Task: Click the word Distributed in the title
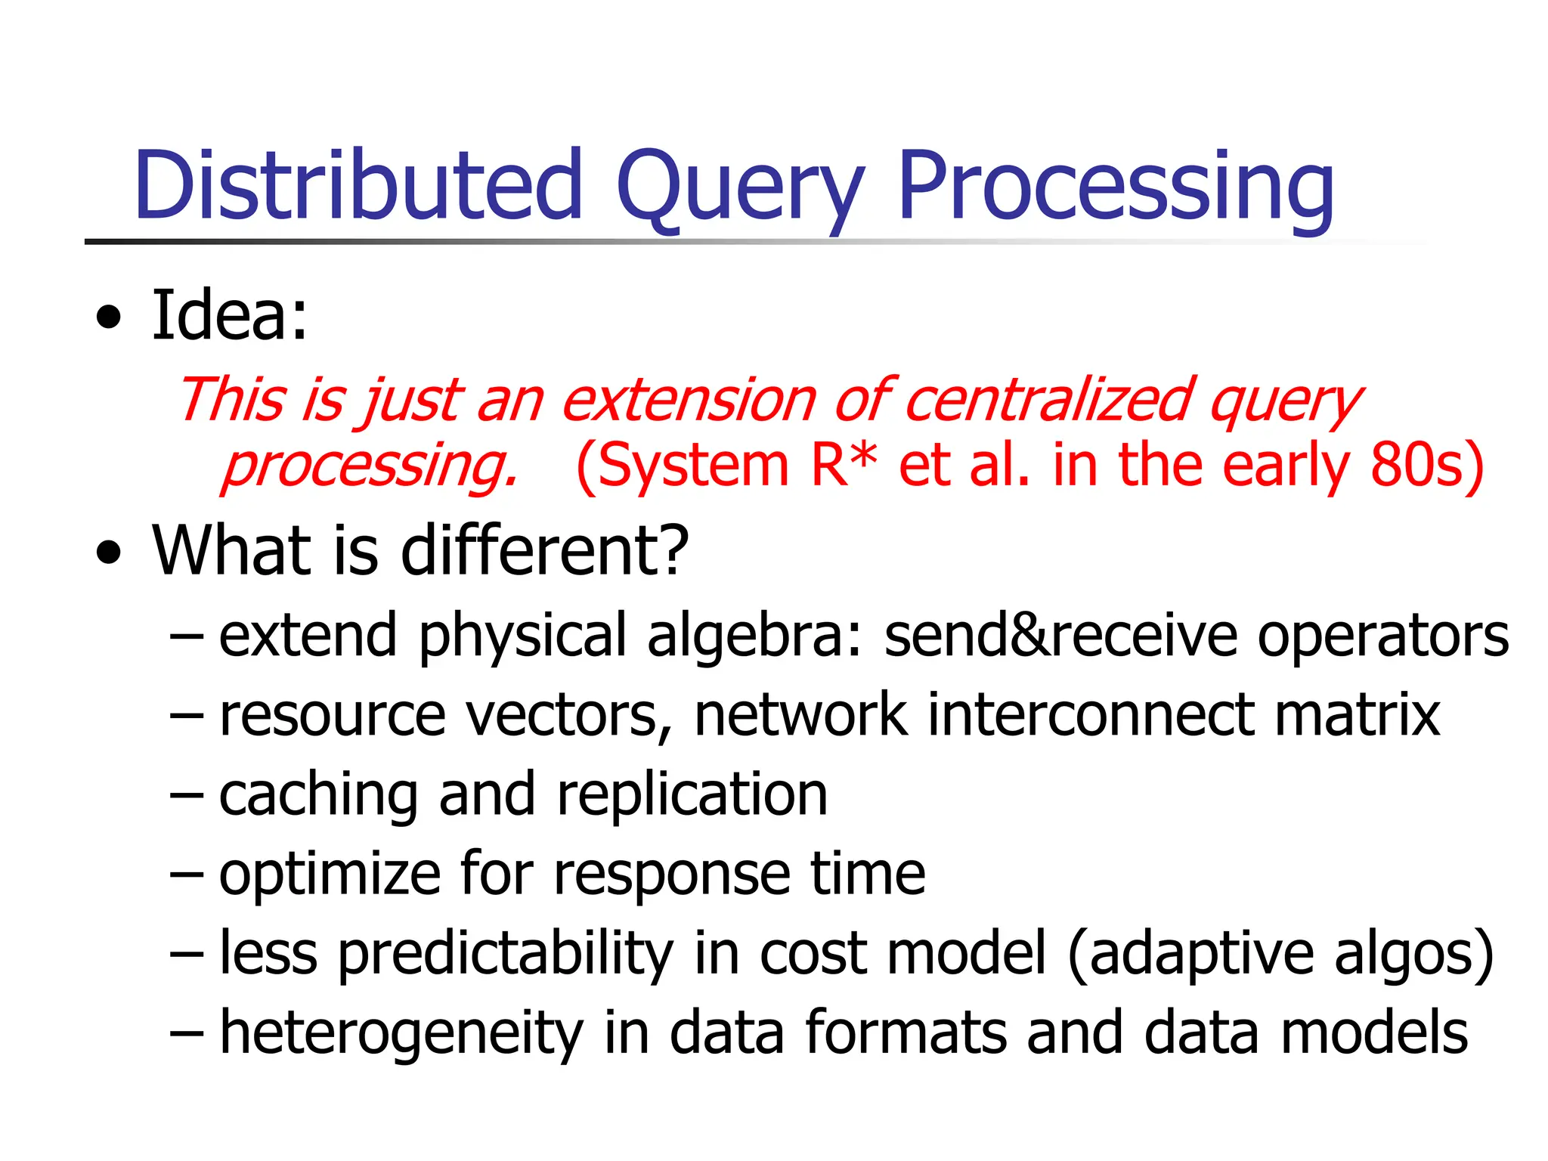coord(358,186)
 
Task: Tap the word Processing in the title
coord(1116,189)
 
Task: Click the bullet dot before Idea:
coord(109,317)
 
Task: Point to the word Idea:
coord(230,316)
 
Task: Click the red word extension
coord(689,401)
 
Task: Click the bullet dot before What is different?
coord(109,553)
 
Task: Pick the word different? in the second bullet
coord(544,550)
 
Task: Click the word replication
coord(692,797)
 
